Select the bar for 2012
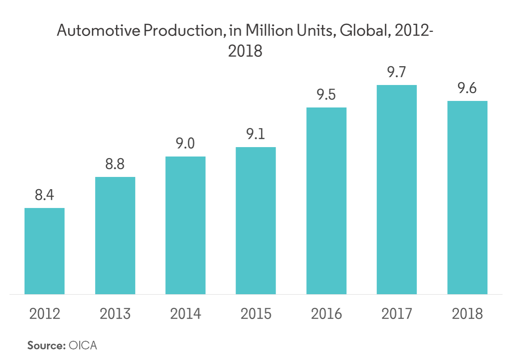[x=45, y=251]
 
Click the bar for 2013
[x=115, y=235]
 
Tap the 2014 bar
[x=185, y=225]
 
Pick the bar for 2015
[x=256, y=221]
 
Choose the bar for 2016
[x=326, y=201]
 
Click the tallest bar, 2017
[x=396, y=190]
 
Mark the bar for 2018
[x=467, y=197]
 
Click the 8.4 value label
[x=45, y=195]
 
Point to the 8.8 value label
[x=115, y=165]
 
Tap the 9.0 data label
[x=185, y=144]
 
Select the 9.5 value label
[x=326, y=95]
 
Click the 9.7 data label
[x=396, y=73]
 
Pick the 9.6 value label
[x=467, y=88]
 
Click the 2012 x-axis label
[x=45, y=314]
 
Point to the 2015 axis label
[x=256, y=314]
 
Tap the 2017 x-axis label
[x=396, y=314]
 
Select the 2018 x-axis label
[x=467, y=314]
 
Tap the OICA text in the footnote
[x=83, y=345]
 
